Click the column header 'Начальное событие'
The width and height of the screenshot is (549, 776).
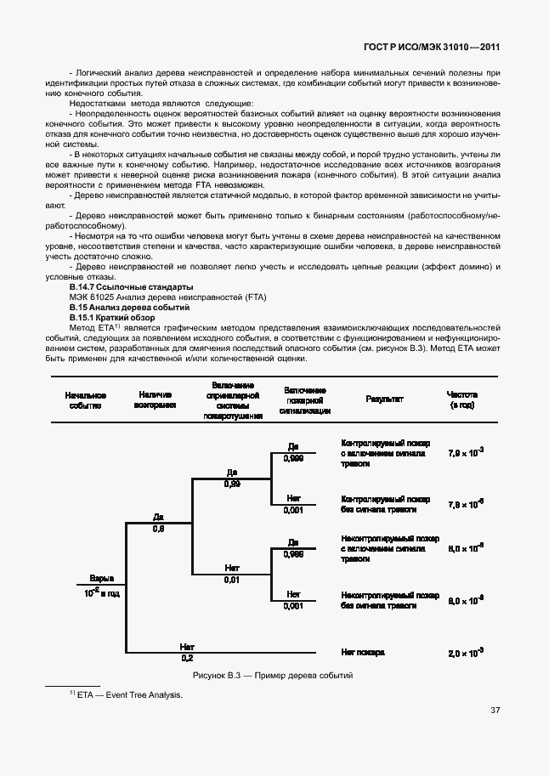point(85,400)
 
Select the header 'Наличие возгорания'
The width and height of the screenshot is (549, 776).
point(155,400)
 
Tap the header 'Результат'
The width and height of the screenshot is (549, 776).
point(384,399)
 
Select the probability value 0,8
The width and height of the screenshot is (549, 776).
point(158,529)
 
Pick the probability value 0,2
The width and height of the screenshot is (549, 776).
point(187,658)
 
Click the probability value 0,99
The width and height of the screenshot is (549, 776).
point(232,484)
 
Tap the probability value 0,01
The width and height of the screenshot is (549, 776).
point(232,580)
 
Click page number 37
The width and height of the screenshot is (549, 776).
point(495,711)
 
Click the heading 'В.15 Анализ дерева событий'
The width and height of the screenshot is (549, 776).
point(117,306)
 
